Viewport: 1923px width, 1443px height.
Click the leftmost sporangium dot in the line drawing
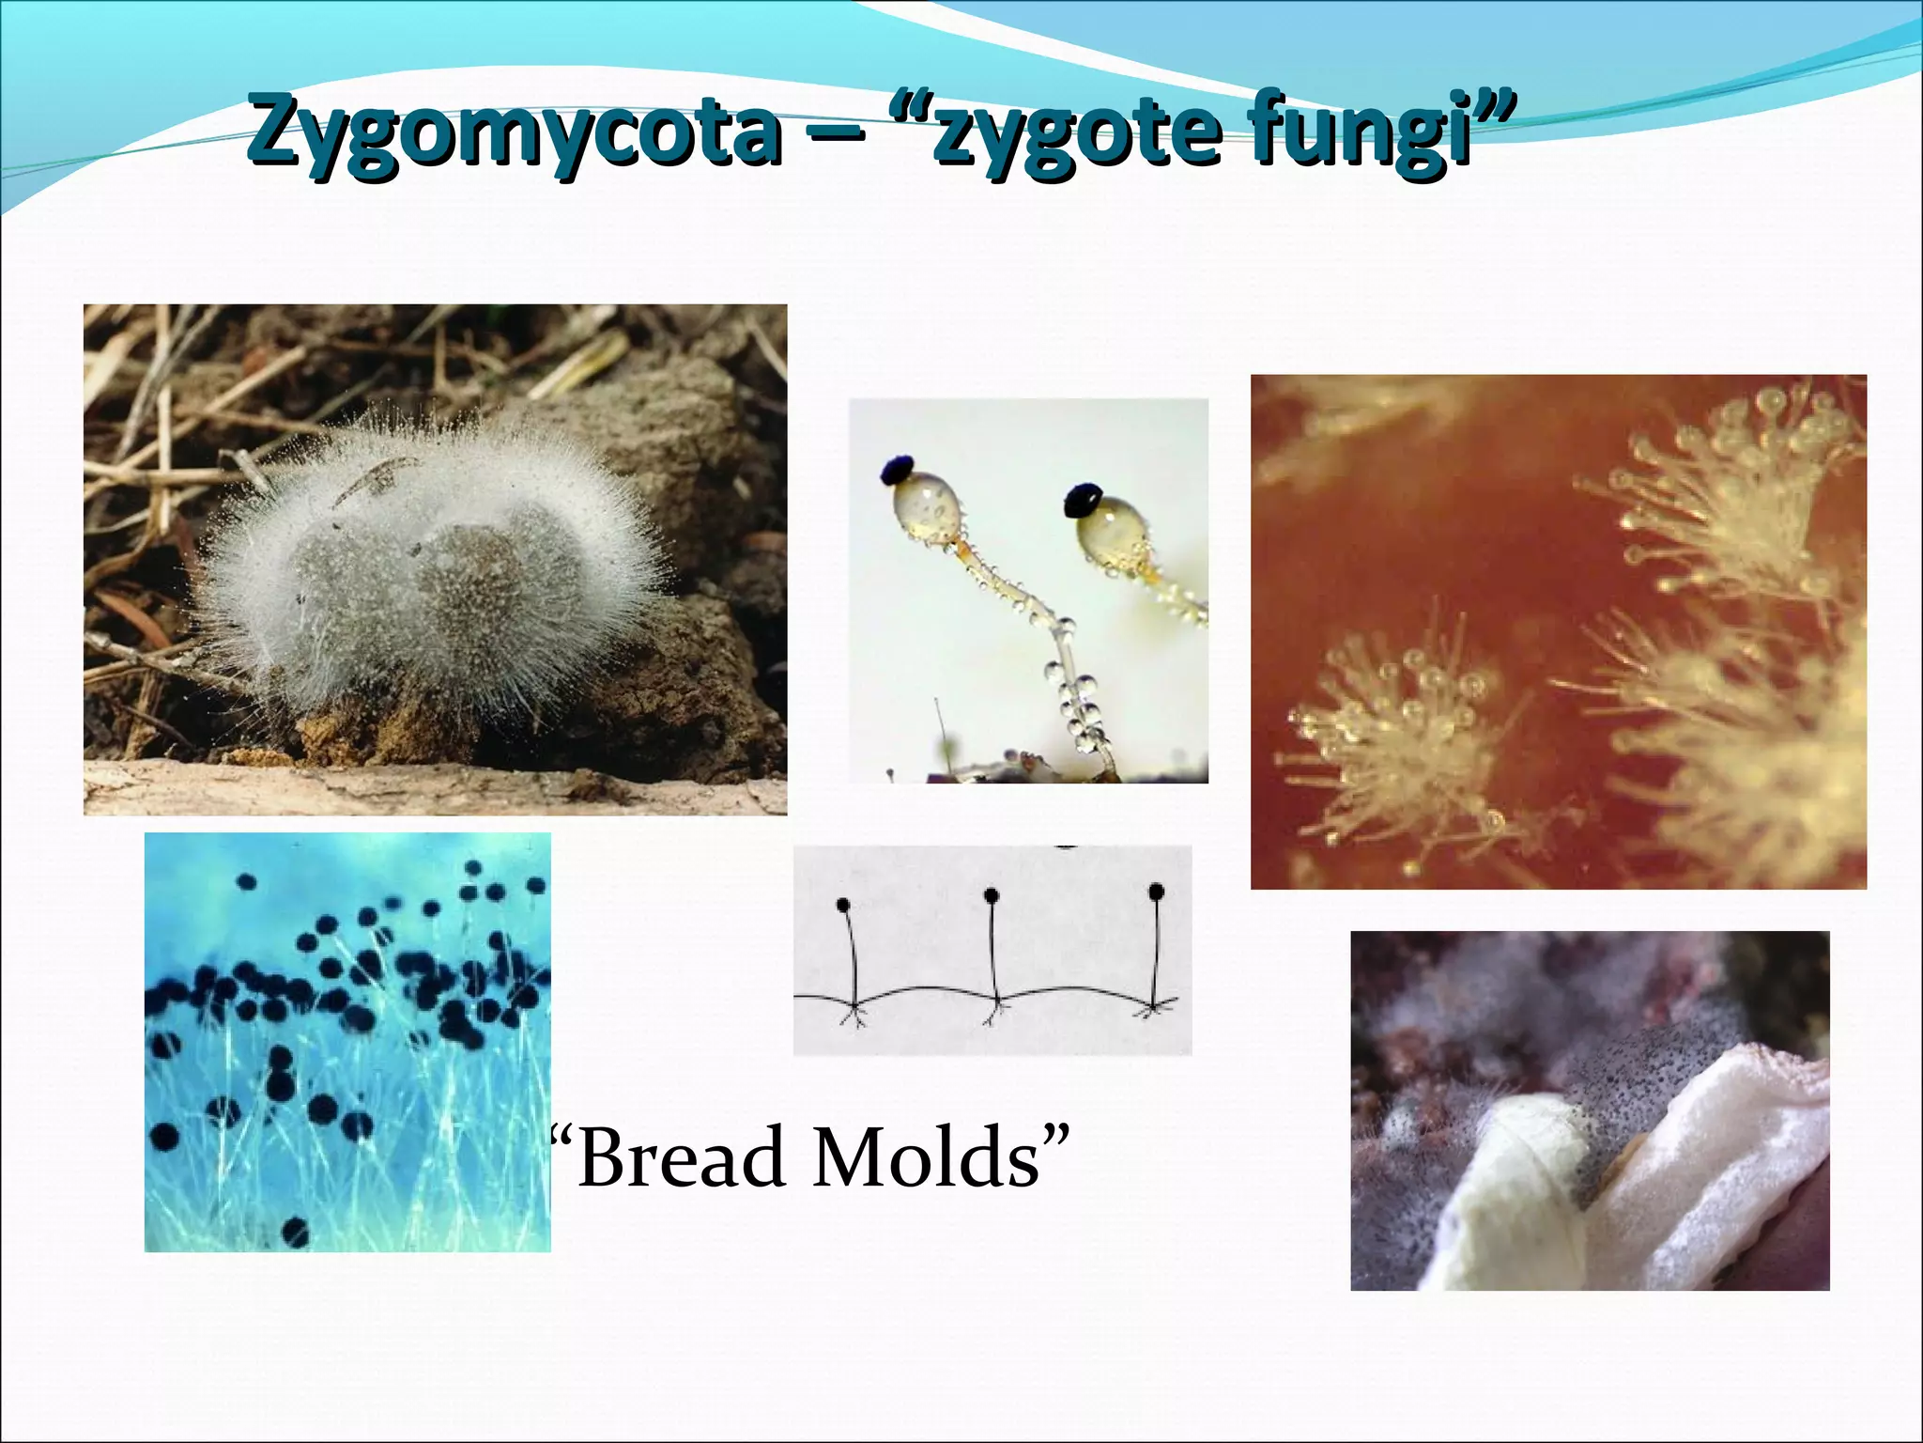click(x=843, y=905)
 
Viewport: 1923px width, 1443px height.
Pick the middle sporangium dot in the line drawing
click(x=992, y=895)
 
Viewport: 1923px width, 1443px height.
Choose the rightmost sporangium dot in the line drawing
click(x=1157, y=891)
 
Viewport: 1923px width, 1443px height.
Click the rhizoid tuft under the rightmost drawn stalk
click(x=1155, y=1009)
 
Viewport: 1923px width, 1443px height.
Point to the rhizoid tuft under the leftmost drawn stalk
click(x=854, y=1015)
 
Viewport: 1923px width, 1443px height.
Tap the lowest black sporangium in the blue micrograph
click(x=296, y=1229)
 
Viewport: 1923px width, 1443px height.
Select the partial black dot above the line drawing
click(x=1067, y=846)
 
